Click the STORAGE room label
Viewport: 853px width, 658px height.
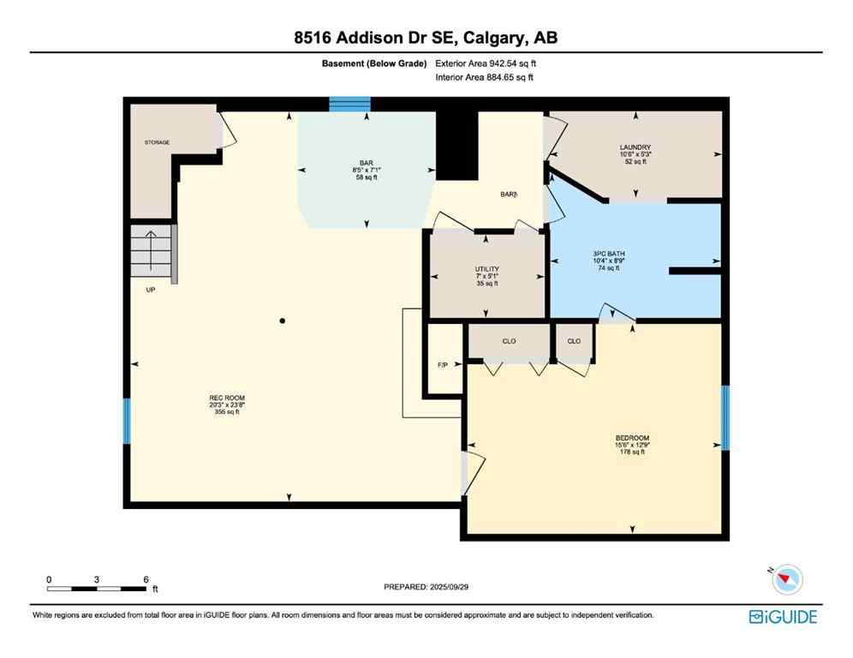(157, 142)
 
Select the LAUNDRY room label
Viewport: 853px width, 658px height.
(635, 147)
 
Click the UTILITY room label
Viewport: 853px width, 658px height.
(486, 269)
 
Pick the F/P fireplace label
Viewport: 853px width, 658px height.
(443, 365)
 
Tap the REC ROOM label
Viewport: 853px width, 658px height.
(227, 398)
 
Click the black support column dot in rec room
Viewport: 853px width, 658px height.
(282, 321)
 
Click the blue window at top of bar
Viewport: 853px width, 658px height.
(350, 105)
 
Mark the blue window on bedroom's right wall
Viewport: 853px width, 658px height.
(725, 418)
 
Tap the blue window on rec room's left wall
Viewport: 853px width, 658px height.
(128, 421)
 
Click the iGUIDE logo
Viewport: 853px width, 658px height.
(783, 617)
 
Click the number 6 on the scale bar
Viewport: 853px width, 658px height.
(146, 579)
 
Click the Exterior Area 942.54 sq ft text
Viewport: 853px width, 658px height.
(486, 63)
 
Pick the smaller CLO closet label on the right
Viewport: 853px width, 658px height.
(574, 341)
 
